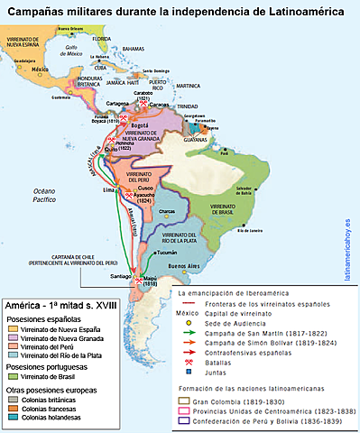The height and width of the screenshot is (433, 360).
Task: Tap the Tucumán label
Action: click(x=167, y=254)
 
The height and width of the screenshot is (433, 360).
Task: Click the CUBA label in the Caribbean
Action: click(x=100, y=67)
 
